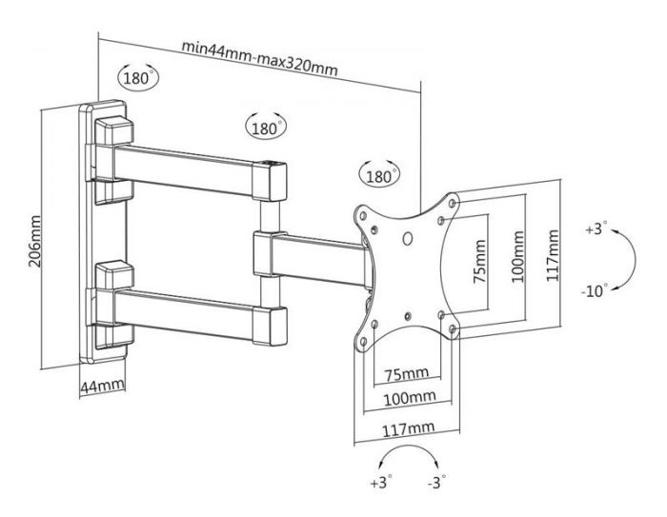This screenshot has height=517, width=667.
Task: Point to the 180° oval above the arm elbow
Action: pos(267,127)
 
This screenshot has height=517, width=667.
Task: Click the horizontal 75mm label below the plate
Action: pos(407,372)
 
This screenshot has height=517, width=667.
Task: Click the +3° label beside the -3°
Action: pos(380,483)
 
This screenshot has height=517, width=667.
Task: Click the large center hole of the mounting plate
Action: pos(408,241)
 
